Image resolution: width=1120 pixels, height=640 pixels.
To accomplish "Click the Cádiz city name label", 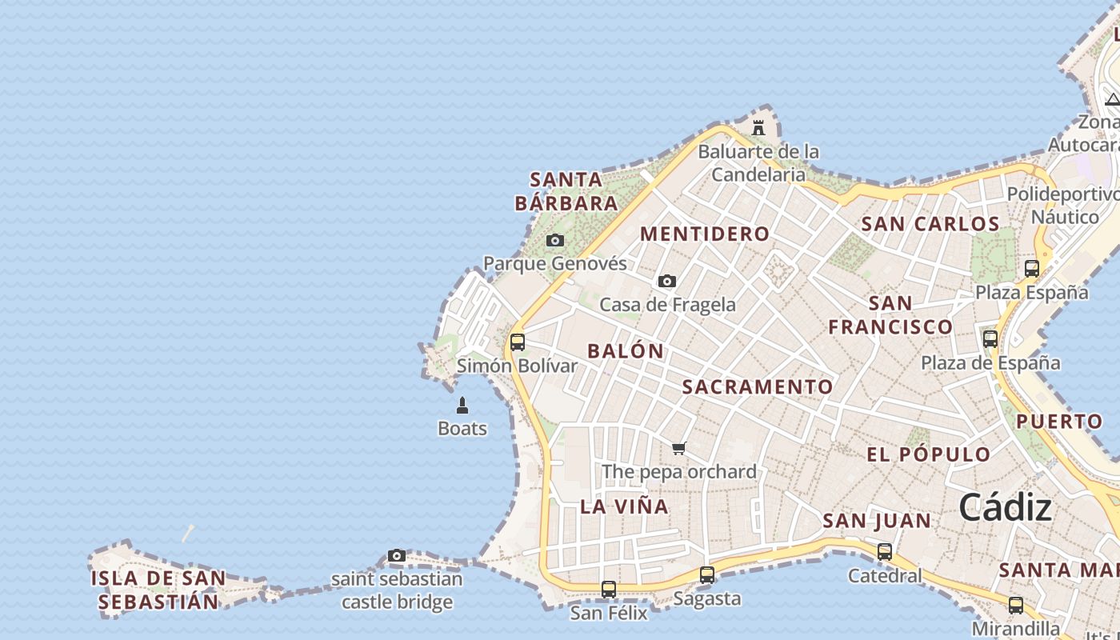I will coord(1005,507).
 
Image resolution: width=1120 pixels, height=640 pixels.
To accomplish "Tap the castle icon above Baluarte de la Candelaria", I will coord(758,127).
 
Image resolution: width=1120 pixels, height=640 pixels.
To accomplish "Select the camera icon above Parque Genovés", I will coord(554,240).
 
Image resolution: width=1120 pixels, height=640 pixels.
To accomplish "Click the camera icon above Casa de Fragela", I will coord(666,281).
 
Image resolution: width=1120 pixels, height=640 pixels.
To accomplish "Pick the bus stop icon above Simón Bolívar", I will coord(518,342).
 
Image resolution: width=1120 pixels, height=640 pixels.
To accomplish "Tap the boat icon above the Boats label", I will coord(462,406).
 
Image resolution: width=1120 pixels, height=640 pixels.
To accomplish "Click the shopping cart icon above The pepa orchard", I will coord(679,448).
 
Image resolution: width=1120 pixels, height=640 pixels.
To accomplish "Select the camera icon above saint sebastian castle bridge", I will coord(396,555).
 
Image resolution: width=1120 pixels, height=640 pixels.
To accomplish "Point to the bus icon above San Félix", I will coord(609,590).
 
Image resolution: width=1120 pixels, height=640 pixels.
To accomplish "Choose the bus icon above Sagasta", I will coord(706,574).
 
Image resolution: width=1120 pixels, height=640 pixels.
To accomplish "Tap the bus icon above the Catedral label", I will coord(884,551).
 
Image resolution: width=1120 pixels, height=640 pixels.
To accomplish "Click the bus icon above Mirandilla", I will coord(1015,605).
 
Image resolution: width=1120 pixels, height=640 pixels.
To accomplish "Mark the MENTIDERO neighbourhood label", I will coord(705,234).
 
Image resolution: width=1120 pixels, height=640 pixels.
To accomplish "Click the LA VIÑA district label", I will coord(624,506).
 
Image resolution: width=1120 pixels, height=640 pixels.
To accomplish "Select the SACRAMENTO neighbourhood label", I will coord(758,386).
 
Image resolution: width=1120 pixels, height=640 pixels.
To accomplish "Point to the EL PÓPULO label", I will coord(928,454).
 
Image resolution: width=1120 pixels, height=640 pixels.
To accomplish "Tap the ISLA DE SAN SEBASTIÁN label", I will coord(158,590).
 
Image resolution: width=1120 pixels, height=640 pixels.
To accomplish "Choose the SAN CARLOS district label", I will coord(930,224).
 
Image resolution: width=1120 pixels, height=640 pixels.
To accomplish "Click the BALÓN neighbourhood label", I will coord(626,350).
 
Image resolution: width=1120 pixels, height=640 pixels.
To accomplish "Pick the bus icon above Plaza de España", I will coord(990,339).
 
